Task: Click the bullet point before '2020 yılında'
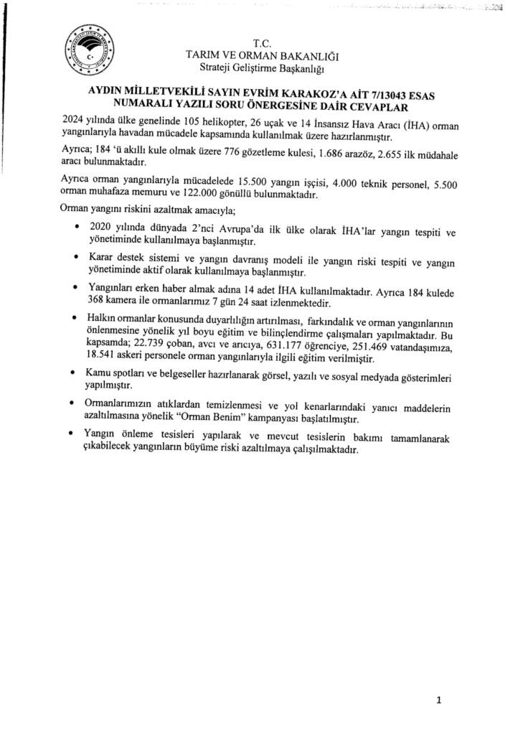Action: pyautogui.click(x=77, y=226)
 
